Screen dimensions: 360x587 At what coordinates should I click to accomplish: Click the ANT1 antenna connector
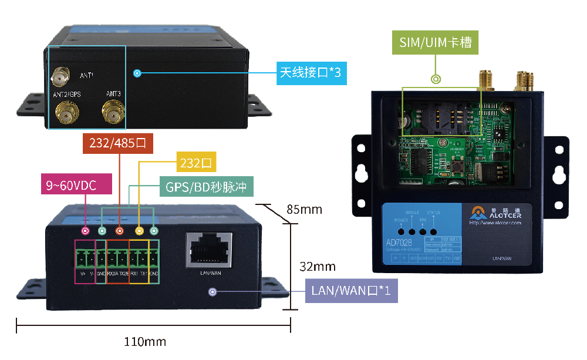59,76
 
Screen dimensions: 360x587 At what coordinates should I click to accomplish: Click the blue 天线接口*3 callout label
310,73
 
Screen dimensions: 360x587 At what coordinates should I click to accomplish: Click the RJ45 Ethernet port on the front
208,249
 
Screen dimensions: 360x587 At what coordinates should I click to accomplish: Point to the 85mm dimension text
304,210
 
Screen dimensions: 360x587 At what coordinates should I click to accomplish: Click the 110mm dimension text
145,341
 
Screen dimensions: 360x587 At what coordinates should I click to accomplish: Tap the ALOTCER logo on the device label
495,216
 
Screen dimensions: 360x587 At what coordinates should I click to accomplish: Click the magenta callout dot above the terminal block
86,231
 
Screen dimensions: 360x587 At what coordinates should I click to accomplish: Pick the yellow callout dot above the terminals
139,231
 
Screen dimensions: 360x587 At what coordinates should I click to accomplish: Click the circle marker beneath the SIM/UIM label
436,79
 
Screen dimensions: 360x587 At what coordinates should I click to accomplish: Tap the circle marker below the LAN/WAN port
212,291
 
